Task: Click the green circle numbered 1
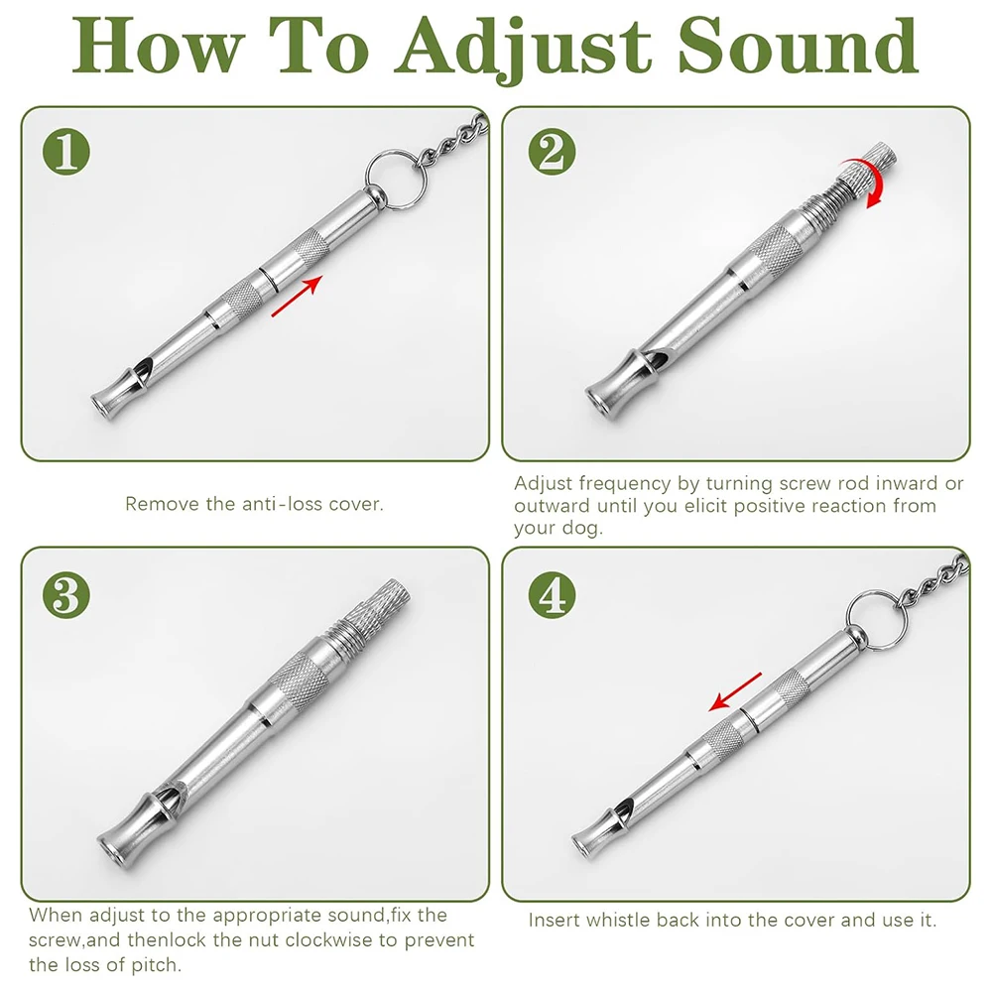[66, 154]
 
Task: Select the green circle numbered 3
[66, 594]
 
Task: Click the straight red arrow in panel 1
[297, 298]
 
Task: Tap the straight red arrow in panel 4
[735, 691]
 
